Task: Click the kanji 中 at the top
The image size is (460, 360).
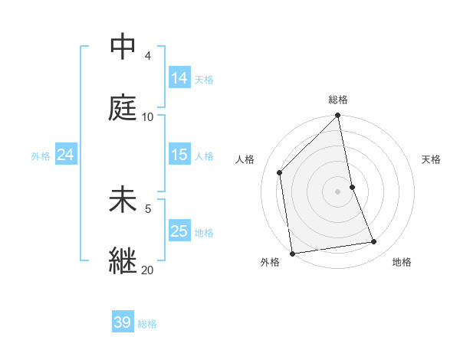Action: tap(123, 47)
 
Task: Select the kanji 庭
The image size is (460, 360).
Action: tap(123, 108)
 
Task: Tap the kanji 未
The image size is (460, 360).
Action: tap(123, 200)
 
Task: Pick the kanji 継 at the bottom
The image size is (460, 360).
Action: tap(123, 261)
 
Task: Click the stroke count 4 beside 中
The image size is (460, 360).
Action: tap(147, 56)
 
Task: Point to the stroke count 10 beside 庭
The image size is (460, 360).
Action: tap(147, 117)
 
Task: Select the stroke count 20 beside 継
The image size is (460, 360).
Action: tap(147, 270)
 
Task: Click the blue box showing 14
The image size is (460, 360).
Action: tap(179, 78)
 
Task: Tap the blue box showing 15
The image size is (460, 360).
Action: tap(179, 155)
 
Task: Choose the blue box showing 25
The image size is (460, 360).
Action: tap(179, 231)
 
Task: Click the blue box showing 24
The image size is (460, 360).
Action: tap(66, 155)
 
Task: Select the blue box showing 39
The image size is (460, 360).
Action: tap(123, 322)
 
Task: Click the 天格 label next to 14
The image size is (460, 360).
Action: tap(204, 80)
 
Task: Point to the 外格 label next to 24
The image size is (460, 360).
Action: tap(41, 156)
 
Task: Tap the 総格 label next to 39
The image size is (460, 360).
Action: tap(147, 324)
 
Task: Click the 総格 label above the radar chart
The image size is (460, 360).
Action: tap(338, 100)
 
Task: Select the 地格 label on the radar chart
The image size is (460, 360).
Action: tap(402, 262)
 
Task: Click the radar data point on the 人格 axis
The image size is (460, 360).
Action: tap(280, 172)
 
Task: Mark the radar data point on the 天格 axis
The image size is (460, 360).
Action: tap(352, 187)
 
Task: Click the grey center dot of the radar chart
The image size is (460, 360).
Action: tap(338, 191)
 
